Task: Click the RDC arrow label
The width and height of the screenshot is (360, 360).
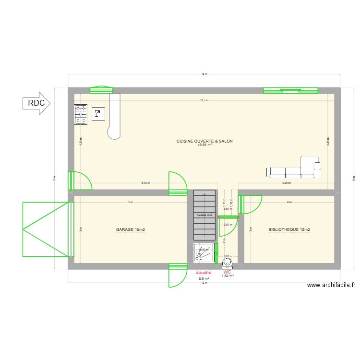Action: click(36, 103)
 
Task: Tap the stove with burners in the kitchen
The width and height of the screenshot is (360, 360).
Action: click(80, 114)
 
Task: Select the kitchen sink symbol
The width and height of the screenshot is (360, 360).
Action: click(98, 114)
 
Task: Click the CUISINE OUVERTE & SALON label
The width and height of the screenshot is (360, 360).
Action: click(204, 141)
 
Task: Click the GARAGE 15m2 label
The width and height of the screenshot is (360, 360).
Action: click(130, 230)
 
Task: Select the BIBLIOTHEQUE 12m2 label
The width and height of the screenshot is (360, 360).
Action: click(289, 230)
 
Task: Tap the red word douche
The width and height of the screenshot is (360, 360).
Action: click(204, 273)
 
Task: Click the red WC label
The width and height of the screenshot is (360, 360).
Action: click(228, 272)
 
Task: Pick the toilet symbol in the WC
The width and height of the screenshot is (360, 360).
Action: click(228, 261)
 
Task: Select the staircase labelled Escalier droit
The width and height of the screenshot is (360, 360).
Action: click(204, 215)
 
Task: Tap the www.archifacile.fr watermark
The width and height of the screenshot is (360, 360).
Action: click(331, 285)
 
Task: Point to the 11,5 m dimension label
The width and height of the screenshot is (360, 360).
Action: click(204, 100)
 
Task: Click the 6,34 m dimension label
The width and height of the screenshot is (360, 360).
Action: click(145, 183)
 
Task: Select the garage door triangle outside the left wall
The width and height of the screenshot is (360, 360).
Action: click(46, 229)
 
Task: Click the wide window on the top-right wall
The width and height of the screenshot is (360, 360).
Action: click(290, 90)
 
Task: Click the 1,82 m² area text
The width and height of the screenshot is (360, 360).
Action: click(228, 276)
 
